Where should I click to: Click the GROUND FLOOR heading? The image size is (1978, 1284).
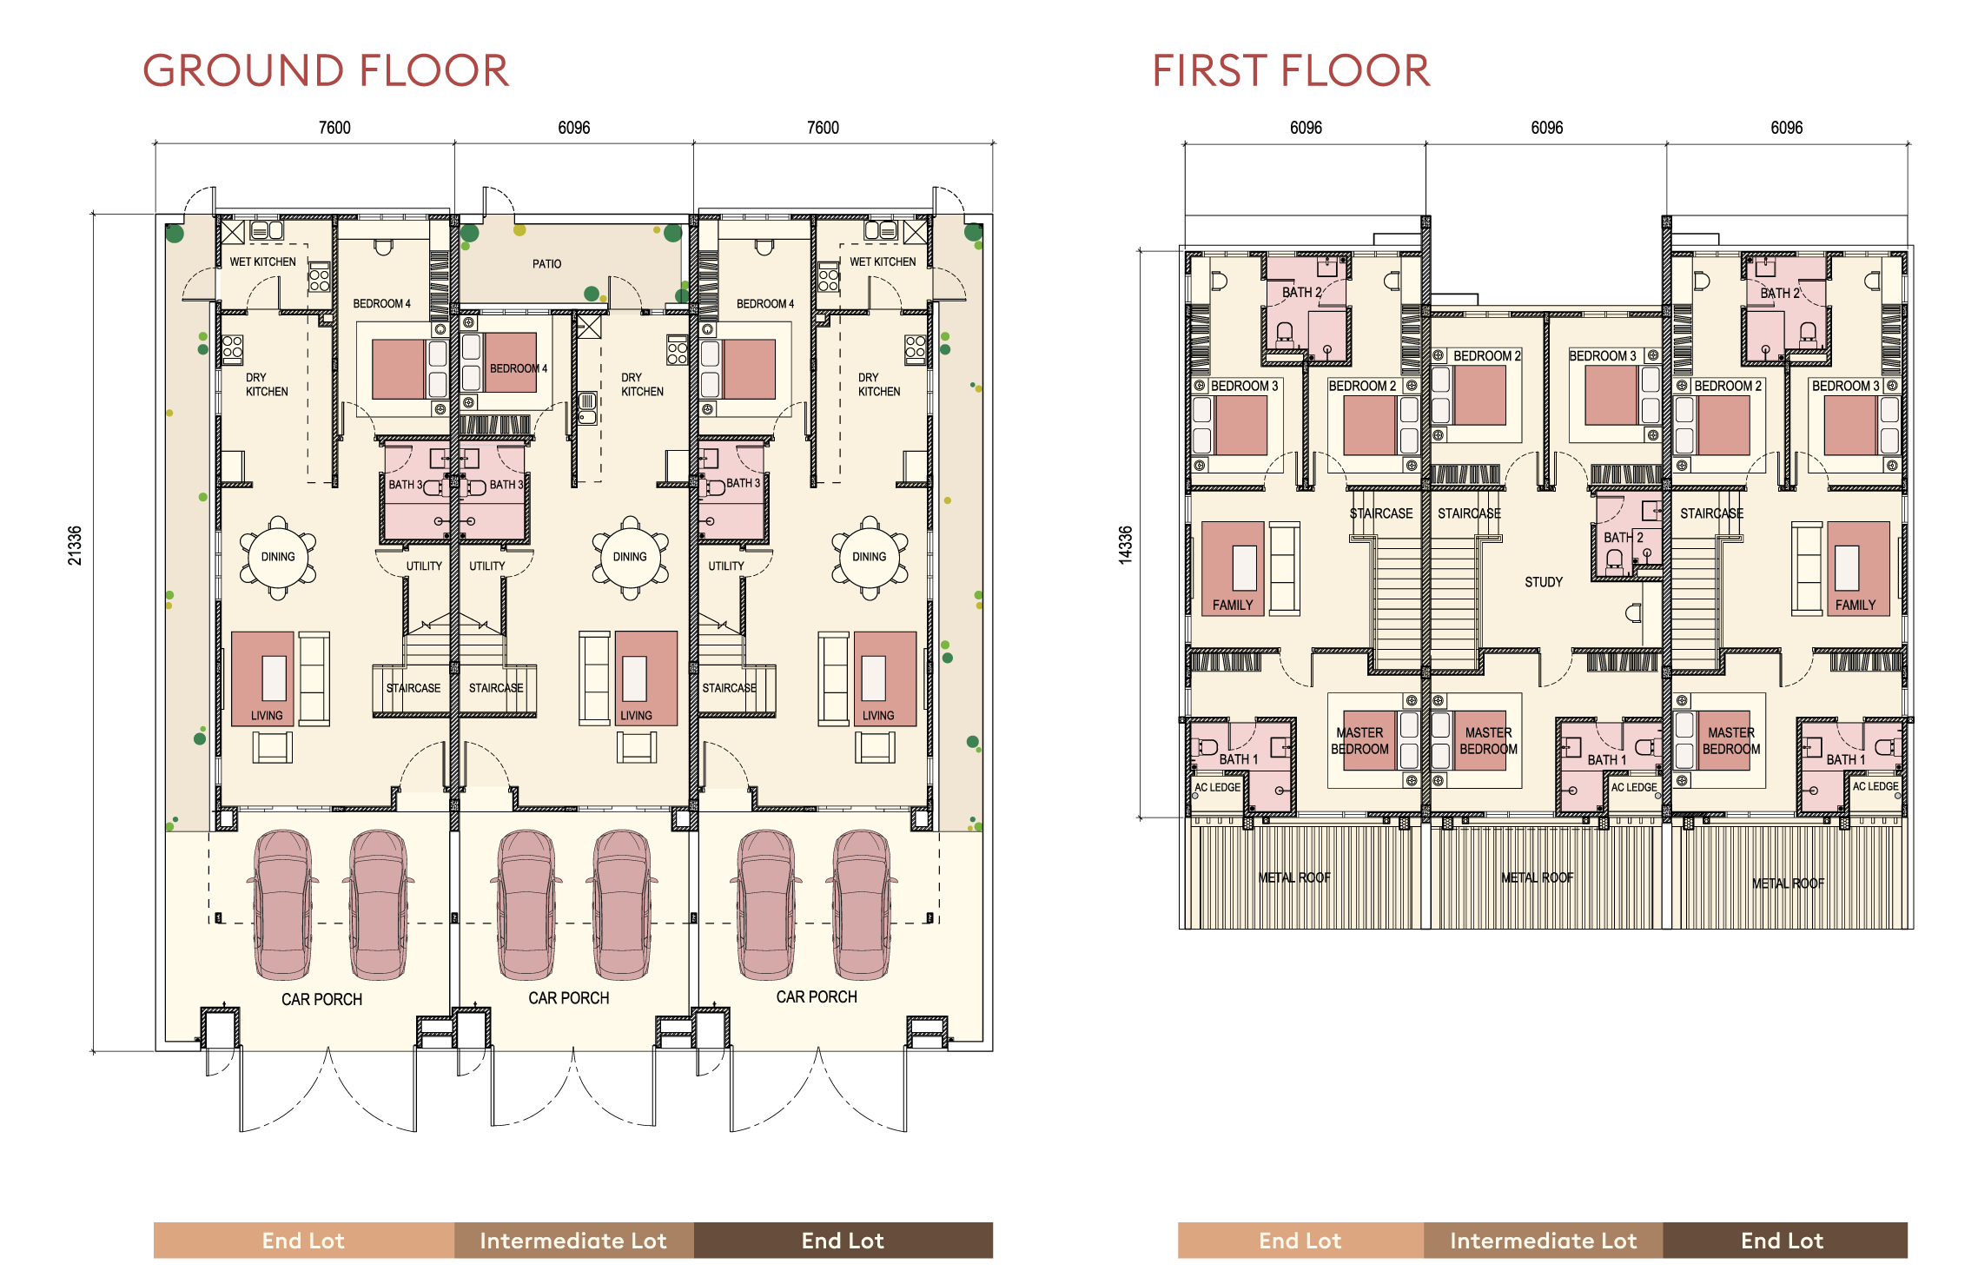[326, 70]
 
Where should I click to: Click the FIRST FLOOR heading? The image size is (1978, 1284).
[1291, 70]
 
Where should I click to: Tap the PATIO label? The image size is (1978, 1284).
[547, 264]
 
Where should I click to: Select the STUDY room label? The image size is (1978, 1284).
[1544, 582]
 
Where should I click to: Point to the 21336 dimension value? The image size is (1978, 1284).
[76, 546]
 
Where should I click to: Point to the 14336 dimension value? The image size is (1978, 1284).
[1125, 546]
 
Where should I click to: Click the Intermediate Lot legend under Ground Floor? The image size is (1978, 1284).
[573, 1241]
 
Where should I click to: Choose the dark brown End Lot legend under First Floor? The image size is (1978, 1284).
[1783, 1241]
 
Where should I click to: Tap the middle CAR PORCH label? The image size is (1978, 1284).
[569, 998]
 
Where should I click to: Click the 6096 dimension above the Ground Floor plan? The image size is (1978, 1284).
[574, 128]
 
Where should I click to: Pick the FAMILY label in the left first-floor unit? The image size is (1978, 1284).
[1233, 605]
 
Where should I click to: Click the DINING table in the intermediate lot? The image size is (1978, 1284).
[630, 557]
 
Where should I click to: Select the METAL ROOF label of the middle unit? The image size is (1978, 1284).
[1538, 877]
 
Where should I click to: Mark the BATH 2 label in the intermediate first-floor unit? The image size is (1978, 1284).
[1624, 538]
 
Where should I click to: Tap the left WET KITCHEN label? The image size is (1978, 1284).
[263, 261]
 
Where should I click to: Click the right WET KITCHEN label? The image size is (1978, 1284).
[883, 261]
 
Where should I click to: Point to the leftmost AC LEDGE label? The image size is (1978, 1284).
[1217, 787]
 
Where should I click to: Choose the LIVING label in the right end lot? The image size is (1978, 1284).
[878, 716]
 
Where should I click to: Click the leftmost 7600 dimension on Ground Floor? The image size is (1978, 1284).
[334, 128]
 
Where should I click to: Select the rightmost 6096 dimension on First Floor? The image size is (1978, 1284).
[1787, 128]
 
